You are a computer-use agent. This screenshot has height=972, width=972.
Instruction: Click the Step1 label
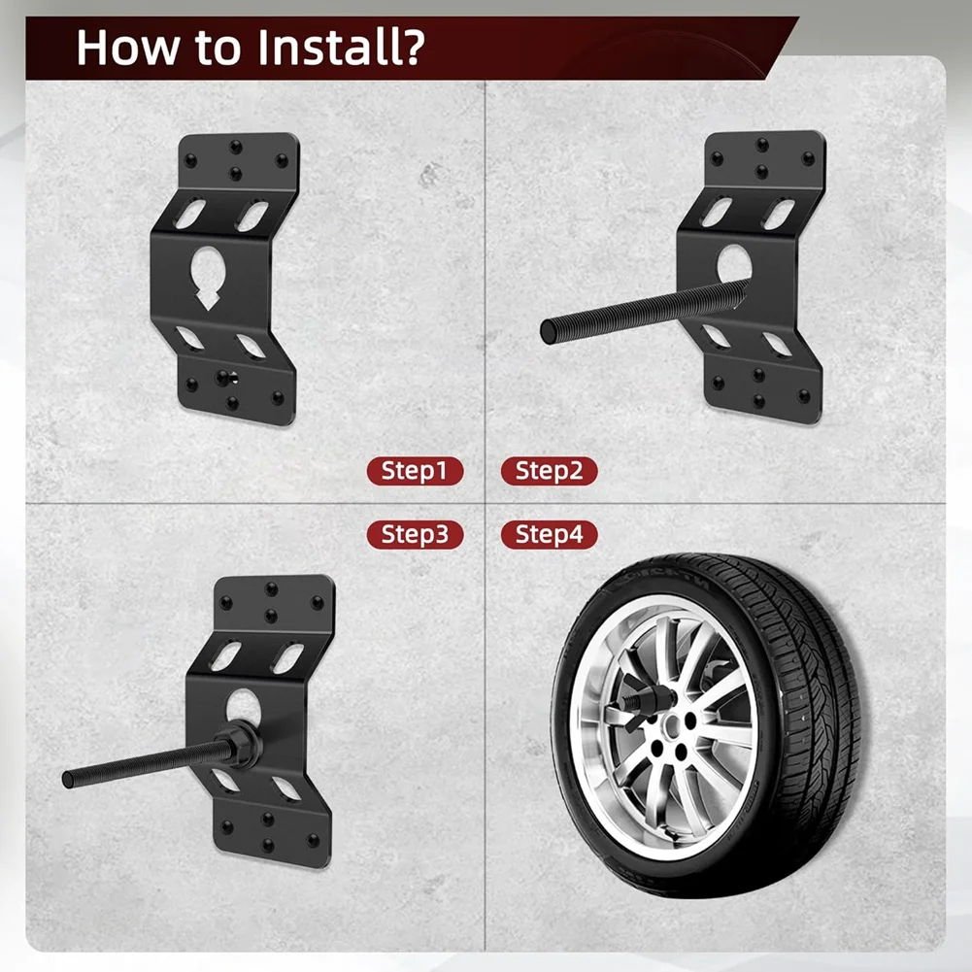tap(415, 472)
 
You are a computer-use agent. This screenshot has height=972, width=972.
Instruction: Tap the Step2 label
tap(549, 472)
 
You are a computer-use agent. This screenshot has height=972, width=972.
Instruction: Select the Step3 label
tap(415, 534)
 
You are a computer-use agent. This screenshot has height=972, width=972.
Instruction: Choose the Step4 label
tap(549, 534)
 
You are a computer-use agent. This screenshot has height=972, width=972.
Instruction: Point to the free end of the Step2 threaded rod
tap(549, 330)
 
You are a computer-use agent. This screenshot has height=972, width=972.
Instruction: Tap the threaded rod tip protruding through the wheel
tap(622, 695)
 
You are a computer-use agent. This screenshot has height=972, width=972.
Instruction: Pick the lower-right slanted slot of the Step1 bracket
tap(251, 346)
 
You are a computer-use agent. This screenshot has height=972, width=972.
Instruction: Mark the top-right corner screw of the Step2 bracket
tap(807, 158)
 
